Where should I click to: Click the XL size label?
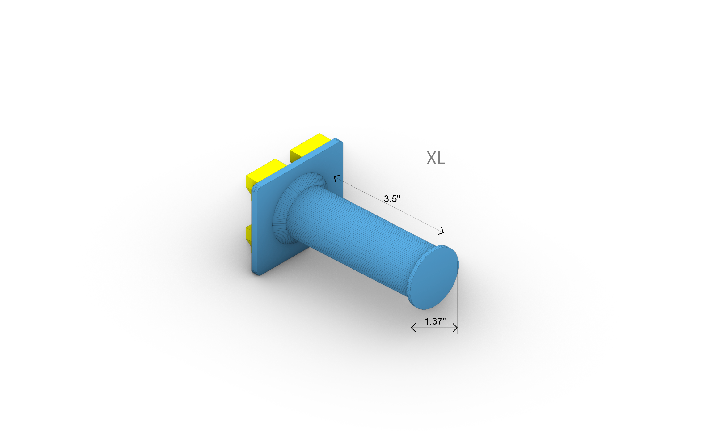[x=436, y=158]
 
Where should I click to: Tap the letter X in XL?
[x=431, y=158]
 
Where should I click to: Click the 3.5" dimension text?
[x=392, y=199]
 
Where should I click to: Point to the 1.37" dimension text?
[x=435, y=321]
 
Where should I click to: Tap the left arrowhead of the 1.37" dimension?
[x=413, y=328]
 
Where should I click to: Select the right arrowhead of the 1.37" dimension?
[x=456, y=328]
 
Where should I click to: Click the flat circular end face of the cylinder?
[x=434, y=278]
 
